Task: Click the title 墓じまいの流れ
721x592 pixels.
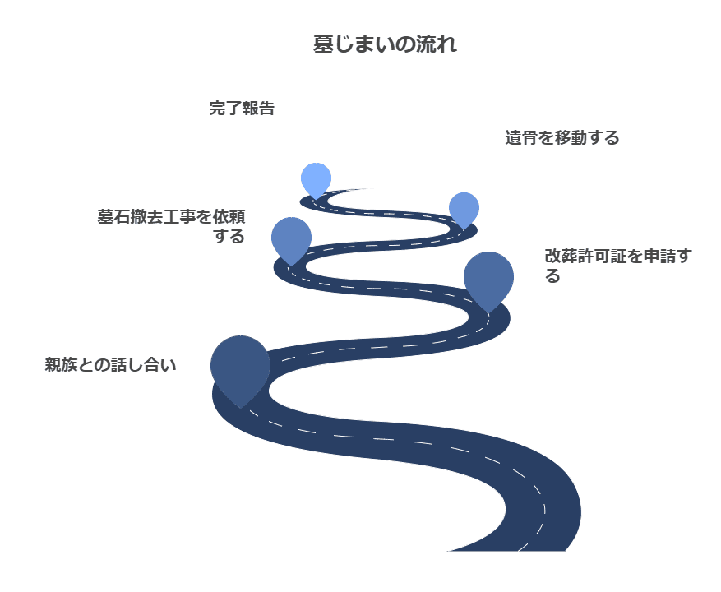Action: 385,45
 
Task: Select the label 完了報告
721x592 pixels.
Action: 242,109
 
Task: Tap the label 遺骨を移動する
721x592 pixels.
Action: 562,138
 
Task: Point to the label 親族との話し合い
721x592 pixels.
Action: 111,365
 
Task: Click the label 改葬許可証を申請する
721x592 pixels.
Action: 617,265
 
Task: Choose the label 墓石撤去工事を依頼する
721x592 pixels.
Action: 172,226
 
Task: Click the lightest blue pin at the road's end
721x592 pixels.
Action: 316,178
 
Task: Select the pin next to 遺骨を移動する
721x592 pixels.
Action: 464,209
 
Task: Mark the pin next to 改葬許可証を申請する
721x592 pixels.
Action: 488,277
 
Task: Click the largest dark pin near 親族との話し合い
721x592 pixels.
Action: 240,366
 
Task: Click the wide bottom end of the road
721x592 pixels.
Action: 510,539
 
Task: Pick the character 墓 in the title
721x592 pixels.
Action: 322,45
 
